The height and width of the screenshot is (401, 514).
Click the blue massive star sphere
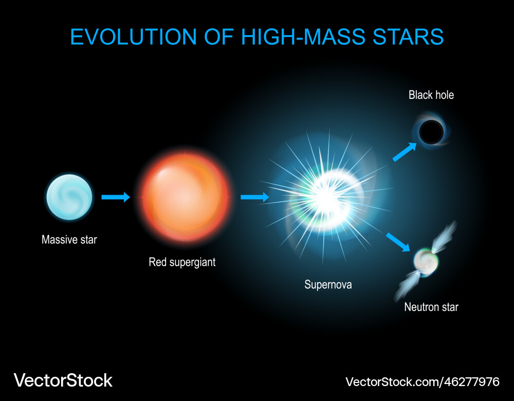tap(69, 198)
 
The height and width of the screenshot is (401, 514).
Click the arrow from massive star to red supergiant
tap(116, 197)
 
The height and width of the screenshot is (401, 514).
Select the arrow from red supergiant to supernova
tap(254, 197)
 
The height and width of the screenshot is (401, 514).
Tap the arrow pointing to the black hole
tap(404, 152)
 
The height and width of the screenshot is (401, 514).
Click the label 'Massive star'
tap(69, 239)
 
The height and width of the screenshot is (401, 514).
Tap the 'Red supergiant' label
tap(182, 262)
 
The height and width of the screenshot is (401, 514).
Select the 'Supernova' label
tap(328, 284)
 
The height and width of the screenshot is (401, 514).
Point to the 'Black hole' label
tap(431, 95)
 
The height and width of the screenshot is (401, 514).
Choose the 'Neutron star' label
tap(431, 307)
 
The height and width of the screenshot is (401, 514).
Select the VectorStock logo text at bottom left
tap(63, 380)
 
